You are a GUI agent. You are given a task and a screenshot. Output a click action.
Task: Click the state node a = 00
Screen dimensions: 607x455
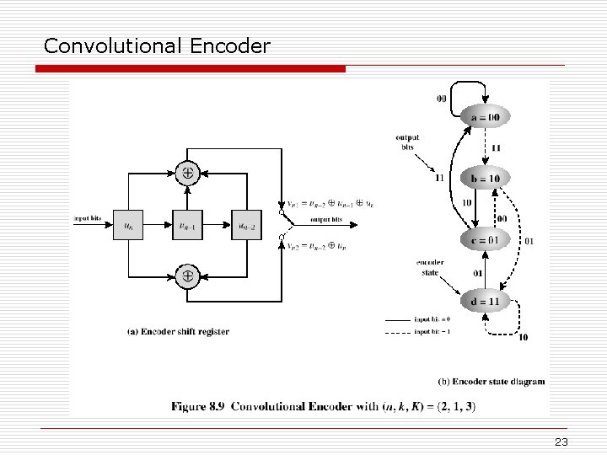[484, 117]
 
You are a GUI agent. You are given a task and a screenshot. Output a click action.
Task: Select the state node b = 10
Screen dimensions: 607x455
[484, 179]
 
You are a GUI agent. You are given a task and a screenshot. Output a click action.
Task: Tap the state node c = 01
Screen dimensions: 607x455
[484, 240]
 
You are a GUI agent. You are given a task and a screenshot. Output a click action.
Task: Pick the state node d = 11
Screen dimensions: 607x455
[485, 301]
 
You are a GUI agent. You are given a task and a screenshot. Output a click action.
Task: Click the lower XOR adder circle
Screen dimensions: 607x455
[187, 276]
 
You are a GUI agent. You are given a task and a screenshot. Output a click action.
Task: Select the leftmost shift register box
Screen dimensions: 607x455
[128, 224]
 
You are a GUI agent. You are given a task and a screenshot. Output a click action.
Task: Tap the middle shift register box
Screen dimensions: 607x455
[187, 224]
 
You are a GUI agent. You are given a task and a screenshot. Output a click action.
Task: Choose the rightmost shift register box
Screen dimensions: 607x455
[246, 224]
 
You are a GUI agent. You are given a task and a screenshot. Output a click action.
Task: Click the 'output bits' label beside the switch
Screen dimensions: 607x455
[326, 220]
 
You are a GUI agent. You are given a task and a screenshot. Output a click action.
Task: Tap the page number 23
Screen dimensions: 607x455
[562, 442]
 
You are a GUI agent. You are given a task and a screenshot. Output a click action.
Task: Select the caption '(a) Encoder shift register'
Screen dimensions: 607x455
[178, 332]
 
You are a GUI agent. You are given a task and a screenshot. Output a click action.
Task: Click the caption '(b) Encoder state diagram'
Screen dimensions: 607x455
[492, 381]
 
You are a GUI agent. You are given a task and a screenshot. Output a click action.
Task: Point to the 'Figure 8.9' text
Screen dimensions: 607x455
[197, 406]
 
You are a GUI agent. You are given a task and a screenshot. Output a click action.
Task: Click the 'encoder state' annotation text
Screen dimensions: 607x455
[430, 267]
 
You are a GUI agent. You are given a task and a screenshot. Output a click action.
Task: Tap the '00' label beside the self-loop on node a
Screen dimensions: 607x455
[442, 99]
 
